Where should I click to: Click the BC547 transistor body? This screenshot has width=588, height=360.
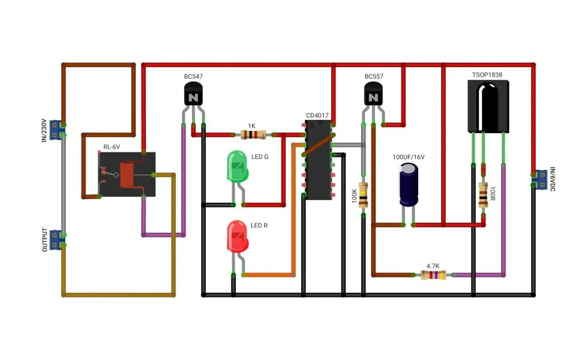pos(193,94)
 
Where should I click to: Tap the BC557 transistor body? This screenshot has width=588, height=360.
pos(373,94)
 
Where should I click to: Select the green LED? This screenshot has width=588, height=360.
pos(238,167)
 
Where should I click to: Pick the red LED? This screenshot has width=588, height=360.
pos(238,236)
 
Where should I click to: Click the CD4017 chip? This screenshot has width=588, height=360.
pos(319,160)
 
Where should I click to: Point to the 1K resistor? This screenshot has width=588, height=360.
pos(253,134)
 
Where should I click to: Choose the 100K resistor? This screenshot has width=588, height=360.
pos(363,195)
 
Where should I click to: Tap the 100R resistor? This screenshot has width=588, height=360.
pos(484,195)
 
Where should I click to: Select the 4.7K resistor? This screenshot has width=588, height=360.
pos(433,275)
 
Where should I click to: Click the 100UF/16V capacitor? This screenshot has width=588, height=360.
pos(409,185)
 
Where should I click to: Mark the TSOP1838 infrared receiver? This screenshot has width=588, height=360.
pos(488,107)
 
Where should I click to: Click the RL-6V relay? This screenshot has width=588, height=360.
pos(127,174)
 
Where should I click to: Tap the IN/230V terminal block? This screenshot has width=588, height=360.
pos(56,130)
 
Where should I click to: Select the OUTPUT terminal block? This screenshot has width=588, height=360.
pos(56,240)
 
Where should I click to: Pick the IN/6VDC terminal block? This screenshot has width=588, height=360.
pos(540,179)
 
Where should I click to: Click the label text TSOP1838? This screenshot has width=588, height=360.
pos(487,74)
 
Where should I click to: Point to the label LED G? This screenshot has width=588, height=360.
pos(259,157)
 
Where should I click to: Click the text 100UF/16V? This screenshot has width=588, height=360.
pos(409,157)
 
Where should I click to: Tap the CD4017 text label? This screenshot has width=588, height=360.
pos(317,115)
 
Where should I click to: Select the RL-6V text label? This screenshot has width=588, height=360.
pos(112,147)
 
